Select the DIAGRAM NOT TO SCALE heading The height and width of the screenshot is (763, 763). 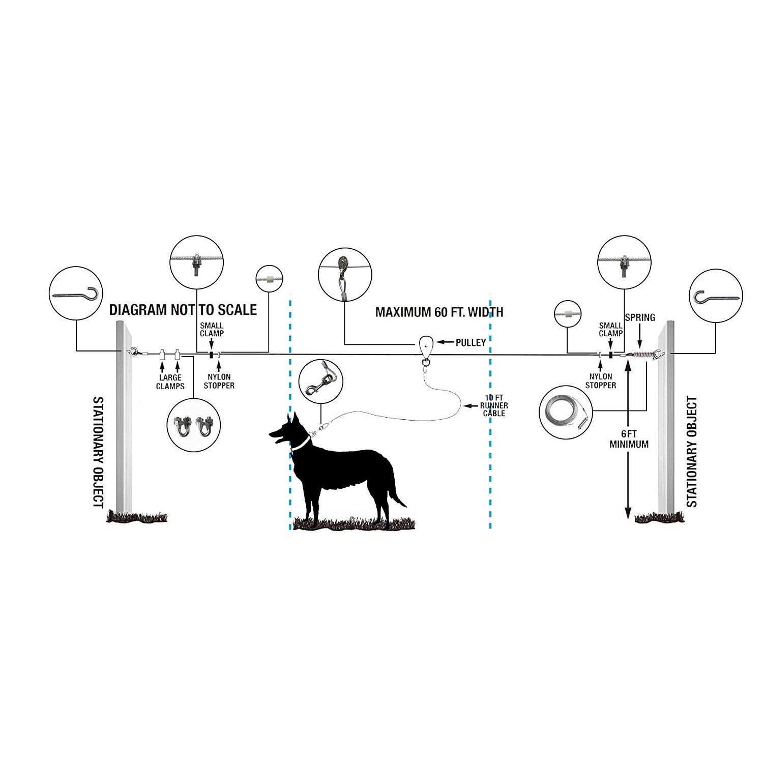pyautogui.click(x=183, y=310)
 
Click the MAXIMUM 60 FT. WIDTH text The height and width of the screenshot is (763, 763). pyautogui.click(x=439, y=312)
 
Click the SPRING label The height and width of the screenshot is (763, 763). pyautogui.click(x=640, y=317)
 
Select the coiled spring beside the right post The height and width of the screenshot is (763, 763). pyautogui.click(x=642, y=354)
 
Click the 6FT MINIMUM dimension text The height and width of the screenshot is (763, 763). pyautogui.click(x=629, y=439)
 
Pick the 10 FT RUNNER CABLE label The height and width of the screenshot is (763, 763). pyautogui.click(x=493, y=405)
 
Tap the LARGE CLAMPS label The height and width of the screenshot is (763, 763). pyautogui.click(x=170, y=382)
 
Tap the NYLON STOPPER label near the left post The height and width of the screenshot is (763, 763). pyautogui.click(x=219, y=381)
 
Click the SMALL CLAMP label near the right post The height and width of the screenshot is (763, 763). pyautogui.click(x=610, y=329)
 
